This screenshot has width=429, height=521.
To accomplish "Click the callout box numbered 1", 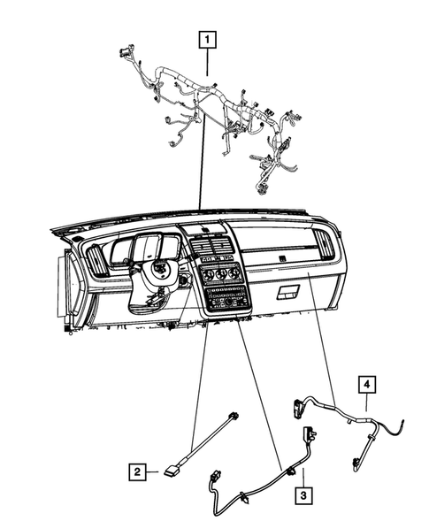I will click(x=207, y=38).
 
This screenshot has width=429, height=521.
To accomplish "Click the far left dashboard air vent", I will click(x=95, y=262).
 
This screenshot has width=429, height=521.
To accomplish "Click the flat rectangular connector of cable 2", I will click(x=171, y=473).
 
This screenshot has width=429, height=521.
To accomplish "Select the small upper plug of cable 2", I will click(x=234, y=419).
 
